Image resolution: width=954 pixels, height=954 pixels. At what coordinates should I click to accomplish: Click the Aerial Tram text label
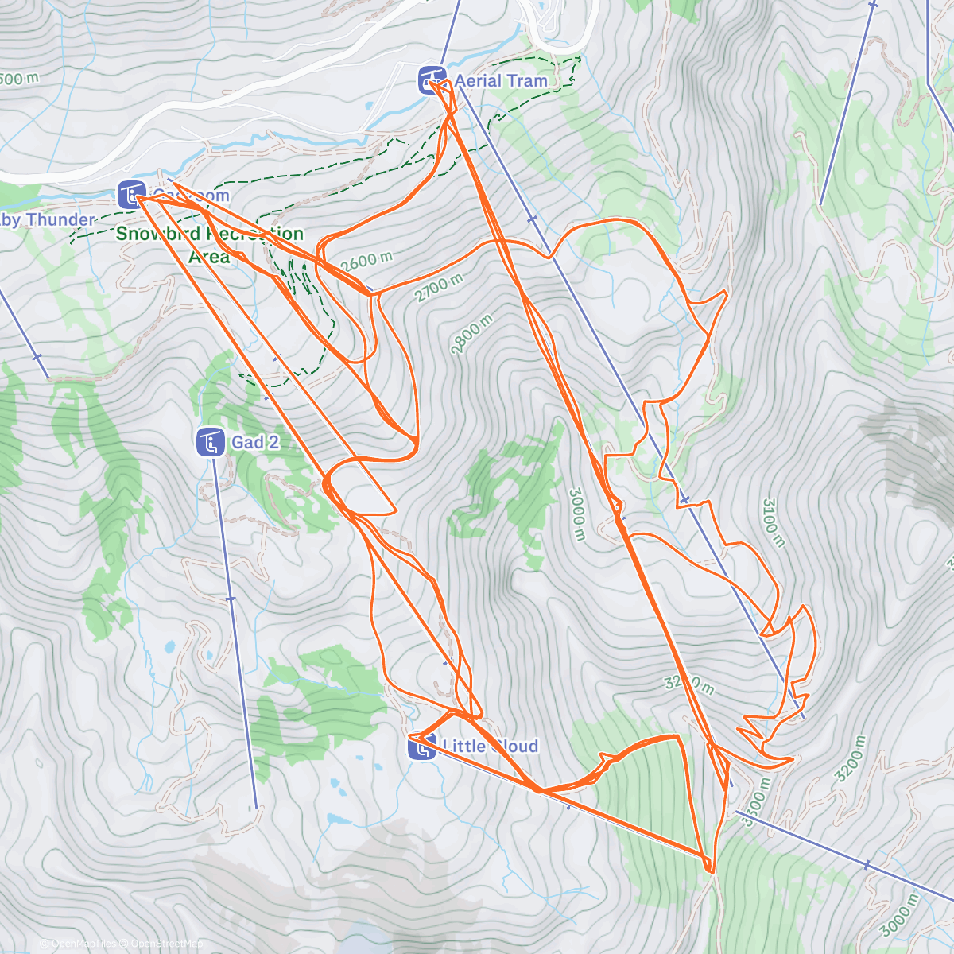[501, 81]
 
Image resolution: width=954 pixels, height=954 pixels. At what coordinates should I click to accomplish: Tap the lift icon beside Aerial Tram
[432, 80]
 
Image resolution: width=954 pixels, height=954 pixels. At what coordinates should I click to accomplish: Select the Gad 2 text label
[255, 443]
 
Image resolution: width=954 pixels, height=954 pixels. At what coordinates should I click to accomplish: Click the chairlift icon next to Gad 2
[210, 443]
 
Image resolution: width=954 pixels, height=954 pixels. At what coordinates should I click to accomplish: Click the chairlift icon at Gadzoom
[130, 195]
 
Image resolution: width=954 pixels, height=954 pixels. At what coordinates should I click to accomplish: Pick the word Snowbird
[158, 235]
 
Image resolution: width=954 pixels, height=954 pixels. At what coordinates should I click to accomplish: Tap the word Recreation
[255, 235]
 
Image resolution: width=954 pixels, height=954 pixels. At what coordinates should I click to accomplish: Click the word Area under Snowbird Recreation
[209, 256]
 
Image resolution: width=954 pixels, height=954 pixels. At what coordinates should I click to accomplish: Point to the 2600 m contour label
[366, 261]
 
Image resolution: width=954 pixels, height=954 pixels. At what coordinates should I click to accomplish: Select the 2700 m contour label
[438, 289]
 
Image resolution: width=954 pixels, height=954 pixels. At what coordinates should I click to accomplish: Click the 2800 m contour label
[471, 335]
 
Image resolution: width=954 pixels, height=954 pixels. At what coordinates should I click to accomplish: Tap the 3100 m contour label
[773, 522]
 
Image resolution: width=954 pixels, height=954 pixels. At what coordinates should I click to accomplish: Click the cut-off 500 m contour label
[19, 79]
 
